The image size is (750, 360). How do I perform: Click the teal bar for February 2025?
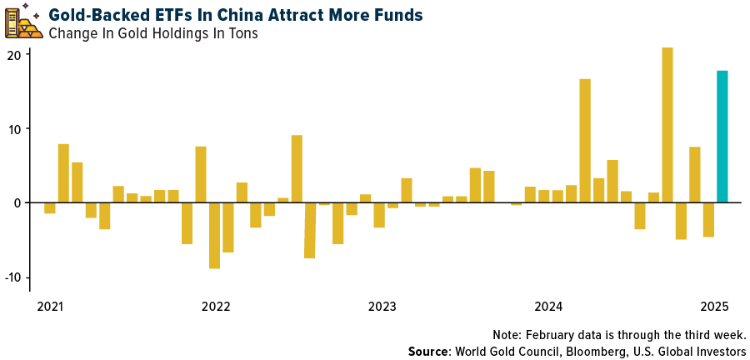click(x=722, y=137)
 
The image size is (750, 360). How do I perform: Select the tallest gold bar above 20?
click(x=667, y=125)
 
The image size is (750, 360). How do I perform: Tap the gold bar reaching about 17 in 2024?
click(x=585, y=141)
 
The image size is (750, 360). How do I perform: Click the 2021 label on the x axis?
click(x=50, y=307)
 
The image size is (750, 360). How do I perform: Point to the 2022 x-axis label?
click(x=215, y=307)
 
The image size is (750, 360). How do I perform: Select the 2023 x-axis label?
click(x=382, y=307)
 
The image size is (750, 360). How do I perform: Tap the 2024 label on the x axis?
click(x=549, y=307)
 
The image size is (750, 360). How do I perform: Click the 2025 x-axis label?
click(x=715, y=307)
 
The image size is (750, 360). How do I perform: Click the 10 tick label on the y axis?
click(x=15, y=129)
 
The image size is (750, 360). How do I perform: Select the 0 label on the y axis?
click(x=18, y=203)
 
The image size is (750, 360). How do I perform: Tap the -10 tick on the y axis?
click(x=13, y=277)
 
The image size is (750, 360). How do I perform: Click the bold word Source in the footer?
click(x=428, y=351)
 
